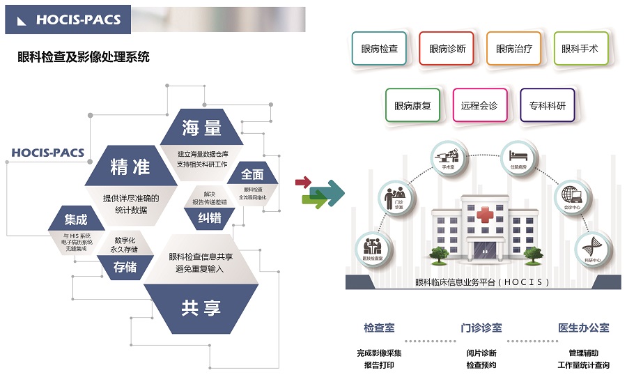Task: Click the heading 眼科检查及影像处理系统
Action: pos(83,57)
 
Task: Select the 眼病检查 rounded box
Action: pos(380,49)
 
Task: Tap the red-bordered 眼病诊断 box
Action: pos(447,49)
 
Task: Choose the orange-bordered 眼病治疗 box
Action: pos(514,49)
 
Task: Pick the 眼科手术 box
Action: pos(580,49)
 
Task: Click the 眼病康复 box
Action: pos(412,106)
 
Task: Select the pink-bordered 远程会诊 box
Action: pos(479,106)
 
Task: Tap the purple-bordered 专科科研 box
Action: pos(547,106)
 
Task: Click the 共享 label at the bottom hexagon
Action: pos(201,307)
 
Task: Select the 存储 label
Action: pos(125,267)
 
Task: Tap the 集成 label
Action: pos(76,220)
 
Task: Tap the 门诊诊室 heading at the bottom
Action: pos(481,328)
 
